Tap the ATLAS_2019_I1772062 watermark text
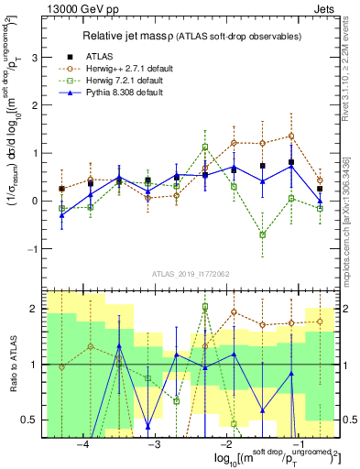(x=189, y=274)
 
